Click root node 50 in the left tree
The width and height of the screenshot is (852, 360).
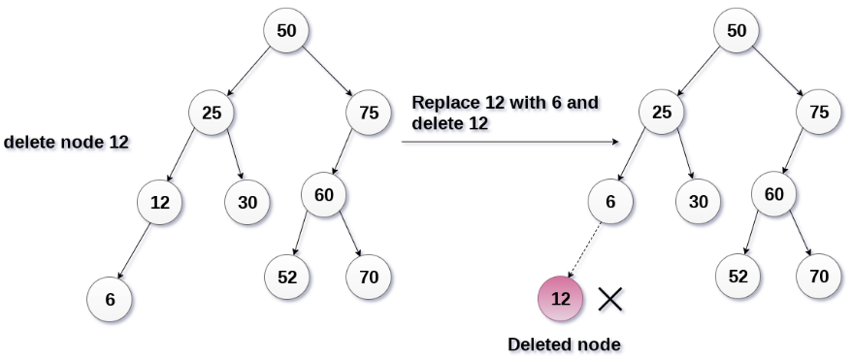click(286, 30)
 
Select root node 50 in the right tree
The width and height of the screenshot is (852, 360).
click(737, 30)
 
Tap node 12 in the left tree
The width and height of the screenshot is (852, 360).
click(160, 203)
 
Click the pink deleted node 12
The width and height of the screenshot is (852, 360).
click(561, 299)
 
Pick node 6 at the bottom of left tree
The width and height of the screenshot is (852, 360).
click(110, 300)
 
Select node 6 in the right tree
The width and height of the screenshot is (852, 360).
click(610, 202)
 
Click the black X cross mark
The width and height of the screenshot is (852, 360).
click(610, 299)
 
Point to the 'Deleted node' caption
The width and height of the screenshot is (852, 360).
click(564, 344)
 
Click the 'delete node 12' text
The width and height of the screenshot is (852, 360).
click(66, 142)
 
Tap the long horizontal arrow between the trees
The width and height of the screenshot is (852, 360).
click(509, 142)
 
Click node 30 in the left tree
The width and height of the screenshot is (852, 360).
click(247, 203)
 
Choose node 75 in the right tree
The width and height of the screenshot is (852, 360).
click(818, 113)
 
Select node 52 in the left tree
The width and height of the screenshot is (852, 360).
click(287, 278)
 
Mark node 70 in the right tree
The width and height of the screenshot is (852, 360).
click(818, 277)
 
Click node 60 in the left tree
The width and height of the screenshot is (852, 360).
click(324, 194)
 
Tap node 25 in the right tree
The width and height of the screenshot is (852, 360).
click(661, 113)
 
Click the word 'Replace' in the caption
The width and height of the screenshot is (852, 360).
click(442, 103)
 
